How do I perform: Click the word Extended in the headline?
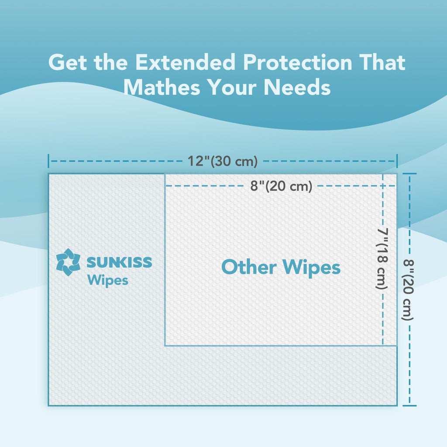(185, 62)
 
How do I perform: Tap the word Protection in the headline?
(297, 62)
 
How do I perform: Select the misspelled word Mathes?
(162, 87)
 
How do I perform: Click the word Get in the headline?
(67, 62)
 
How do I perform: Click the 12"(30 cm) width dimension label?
(223, 161)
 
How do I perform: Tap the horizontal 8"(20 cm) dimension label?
(282, 186)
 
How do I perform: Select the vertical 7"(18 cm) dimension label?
(382, 259)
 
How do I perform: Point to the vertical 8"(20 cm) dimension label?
(408, 289)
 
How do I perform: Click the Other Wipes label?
(281, 267)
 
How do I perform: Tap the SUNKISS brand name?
(119, 262)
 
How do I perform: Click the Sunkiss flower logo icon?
(68, 262)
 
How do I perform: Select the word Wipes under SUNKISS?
(107, 280)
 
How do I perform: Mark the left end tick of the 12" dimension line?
(48, 161)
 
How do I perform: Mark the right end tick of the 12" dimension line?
(397, 161)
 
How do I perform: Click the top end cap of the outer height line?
(409, 174)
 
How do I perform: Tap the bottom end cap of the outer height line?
(409, 405)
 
